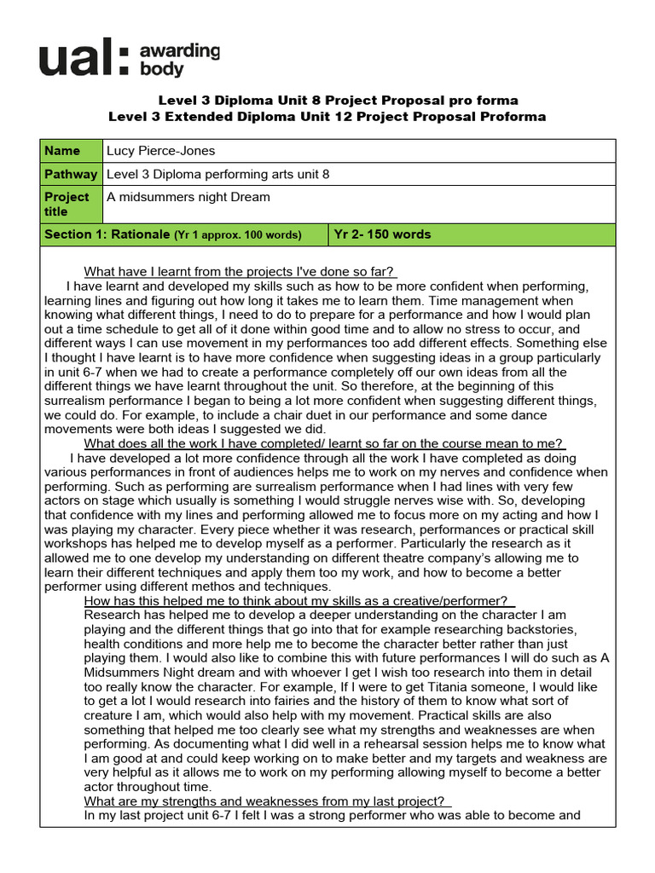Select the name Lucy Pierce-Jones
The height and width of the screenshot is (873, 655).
[160, 151]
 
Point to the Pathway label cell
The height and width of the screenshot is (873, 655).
[71, 174]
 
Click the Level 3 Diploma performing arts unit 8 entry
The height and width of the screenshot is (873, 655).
[217, 174]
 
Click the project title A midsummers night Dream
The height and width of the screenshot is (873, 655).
[188, 197]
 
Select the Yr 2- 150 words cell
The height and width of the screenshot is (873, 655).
[382, 234]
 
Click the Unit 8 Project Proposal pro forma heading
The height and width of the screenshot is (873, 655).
[327, 101]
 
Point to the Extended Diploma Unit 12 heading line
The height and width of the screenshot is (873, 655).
[327, 117]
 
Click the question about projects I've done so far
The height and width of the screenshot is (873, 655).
[241, 271]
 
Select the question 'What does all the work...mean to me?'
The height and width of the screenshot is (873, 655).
[324, 443]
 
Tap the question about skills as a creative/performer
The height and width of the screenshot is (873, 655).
[299, 601]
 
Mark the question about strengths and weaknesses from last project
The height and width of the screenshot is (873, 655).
[267, 801]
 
